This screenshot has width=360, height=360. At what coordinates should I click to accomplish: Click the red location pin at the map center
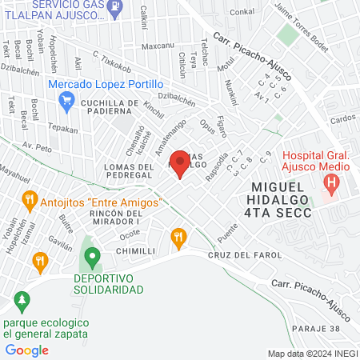(x=180, y=164)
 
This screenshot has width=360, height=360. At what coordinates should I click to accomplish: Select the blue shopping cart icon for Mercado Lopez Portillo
(x=67, y=100)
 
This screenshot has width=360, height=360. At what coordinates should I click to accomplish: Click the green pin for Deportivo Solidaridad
(x=93, y=258)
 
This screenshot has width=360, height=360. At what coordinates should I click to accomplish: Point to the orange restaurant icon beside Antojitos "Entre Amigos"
(x=29, y=200)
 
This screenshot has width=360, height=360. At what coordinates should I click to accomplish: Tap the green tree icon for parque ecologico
(x=22, y=301)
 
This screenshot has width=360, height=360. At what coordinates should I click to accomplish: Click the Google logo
(x=27, y=350)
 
